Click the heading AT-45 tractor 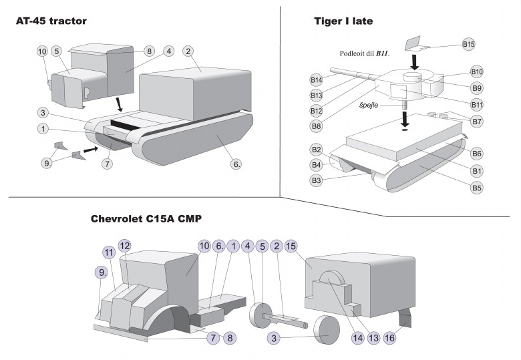(x=51, y=21)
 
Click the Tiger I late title (x=343, y=21)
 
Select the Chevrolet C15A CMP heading (x=146, y=219)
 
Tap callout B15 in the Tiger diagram (x=468, y=44)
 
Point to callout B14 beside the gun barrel (x=317, y=80)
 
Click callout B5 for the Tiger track (x=477, y=188)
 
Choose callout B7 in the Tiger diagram (x=477, y=122)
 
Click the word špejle (x=369, y=106)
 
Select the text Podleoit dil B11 (x=365, y=53)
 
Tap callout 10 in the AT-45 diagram (x=42, y=51)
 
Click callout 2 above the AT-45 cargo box (x=188, y=51)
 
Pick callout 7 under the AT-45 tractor (x=107, y=164)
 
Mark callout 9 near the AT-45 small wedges (x=47, y=163)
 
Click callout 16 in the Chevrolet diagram (x=390, y=338)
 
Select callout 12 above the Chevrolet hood (x=125, y=246)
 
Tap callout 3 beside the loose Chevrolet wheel (x=274, y=338)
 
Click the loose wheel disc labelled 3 (x=327, y=330)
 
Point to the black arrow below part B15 (x=414, y=62)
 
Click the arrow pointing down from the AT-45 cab (x=119, y=104)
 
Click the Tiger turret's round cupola (x=412, y=78)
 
